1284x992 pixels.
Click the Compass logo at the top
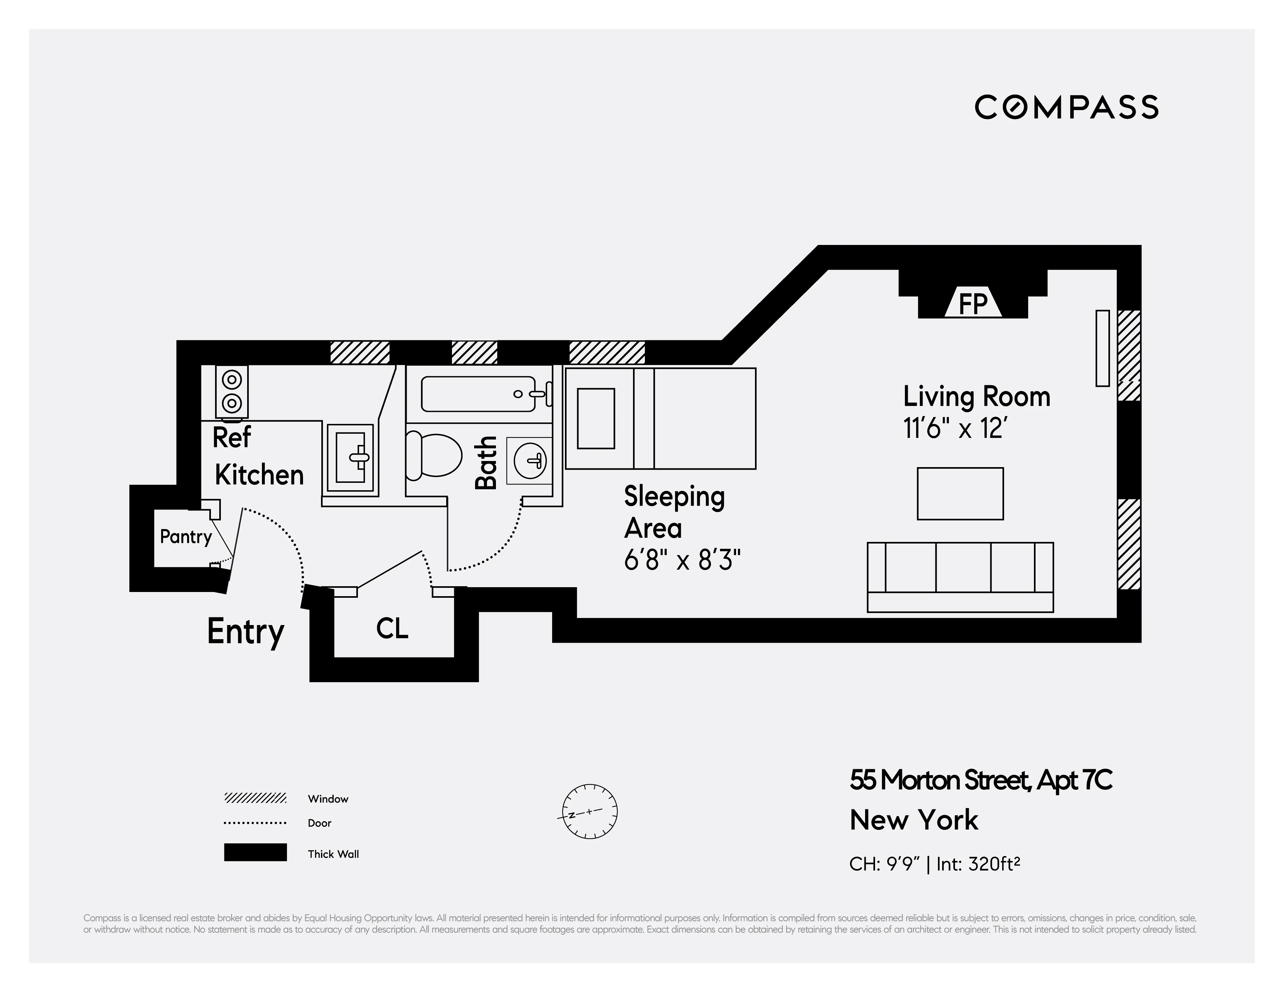coord(1066,107)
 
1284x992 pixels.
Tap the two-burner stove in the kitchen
coord(232,392)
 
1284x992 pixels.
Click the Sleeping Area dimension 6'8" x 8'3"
coord(681,561)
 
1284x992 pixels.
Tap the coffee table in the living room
coord(960,493)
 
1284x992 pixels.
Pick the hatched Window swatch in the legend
coord(255,798)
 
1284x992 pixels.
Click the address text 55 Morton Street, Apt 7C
coord(980,780)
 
